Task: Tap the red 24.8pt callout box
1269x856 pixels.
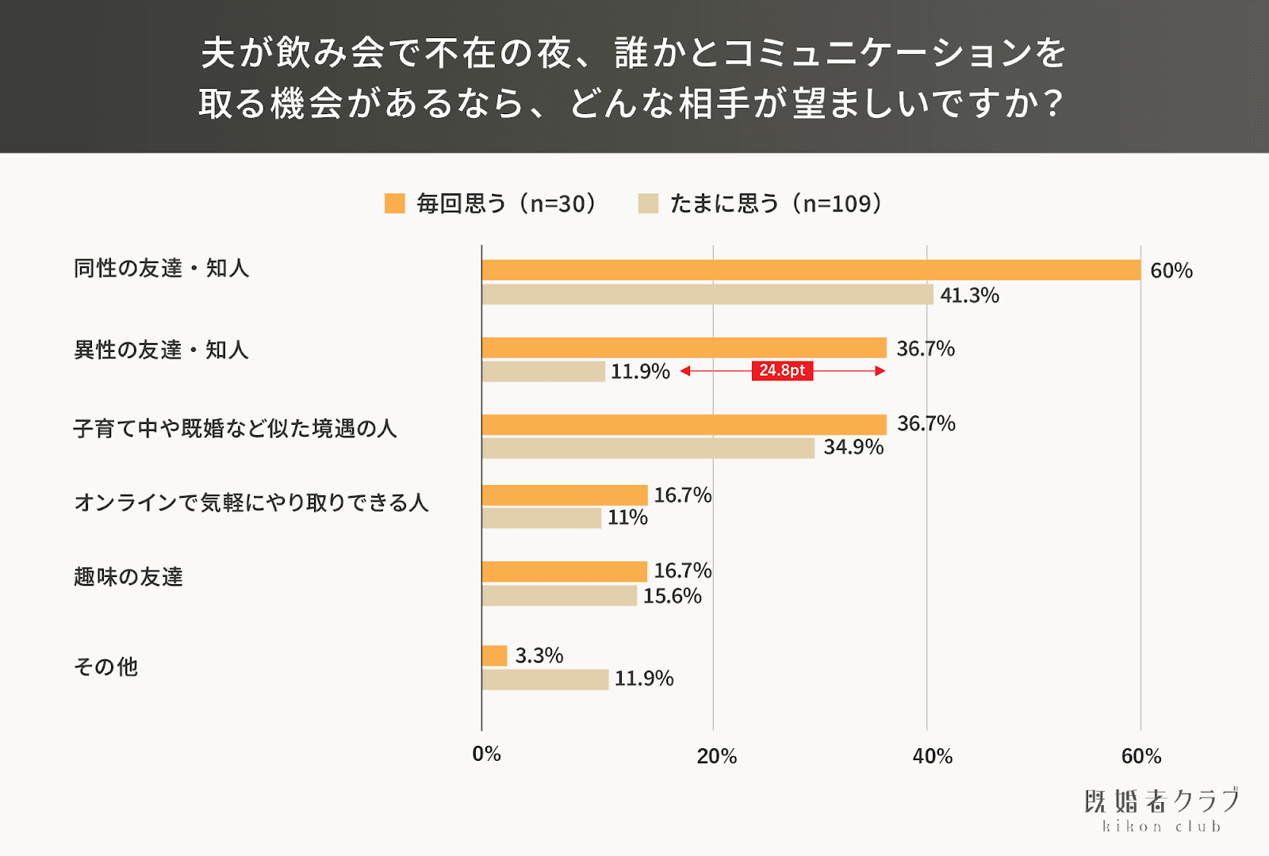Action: pos(782,371)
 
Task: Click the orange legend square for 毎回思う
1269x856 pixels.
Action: pos(394,204)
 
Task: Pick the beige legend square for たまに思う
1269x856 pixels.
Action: pos(648,204)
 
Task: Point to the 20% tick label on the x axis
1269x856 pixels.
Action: pos(716,756)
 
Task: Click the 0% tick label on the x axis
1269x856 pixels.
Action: pos(486,754)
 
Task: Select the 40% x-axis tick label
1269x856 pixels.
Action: pos(932,756)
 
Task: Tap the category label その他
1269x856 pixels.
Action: pos(105,667)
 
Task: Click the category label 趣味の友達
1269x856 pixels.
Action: pos(128,577)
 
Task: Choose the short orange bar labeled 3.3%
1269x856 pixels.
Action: pos(494,655)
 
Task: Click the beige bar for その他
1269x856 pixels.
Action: pos(545,679)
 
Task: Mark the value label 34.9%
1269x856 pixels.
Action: pos(853,447)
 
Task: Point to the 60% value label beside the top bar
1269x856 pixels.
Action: pos(1171,271)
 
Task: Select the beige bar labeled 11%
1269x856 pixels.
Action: pos(541,518)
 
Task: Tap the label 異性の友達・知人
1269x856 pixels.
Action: pos(161,350)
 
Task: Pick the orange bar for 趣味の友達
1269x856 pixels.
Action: pos(564,571)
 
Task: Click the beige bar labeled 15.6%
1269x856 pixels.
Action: pos(559,596)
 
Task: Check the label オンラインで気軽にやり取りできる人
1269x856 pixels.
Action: pos(251,503)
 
